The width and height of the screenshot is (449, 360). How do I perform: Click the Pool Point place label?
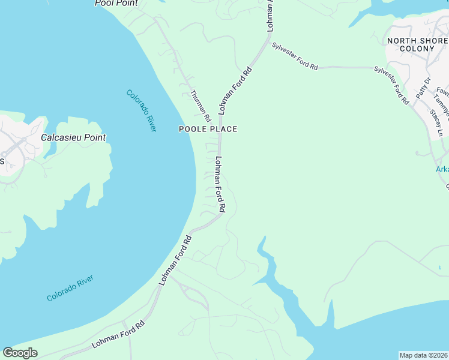(116, 3)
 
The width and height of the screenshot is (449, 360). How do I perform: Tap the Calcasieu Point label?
(73, 137)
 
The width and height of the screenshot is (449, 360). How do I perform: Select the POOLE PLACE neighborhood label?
(208, 129)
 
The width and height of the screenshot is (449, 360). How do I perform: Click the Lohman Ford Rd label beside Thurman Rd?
(235, 91)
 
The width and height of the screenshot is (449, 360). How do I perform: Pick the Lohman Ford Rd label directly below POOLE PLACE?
(220, 184)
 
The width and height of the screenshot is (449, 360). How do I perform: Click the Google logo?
(20, 353)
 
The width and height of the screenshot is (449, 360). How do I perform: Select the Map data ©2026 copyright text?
(423, 355)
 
